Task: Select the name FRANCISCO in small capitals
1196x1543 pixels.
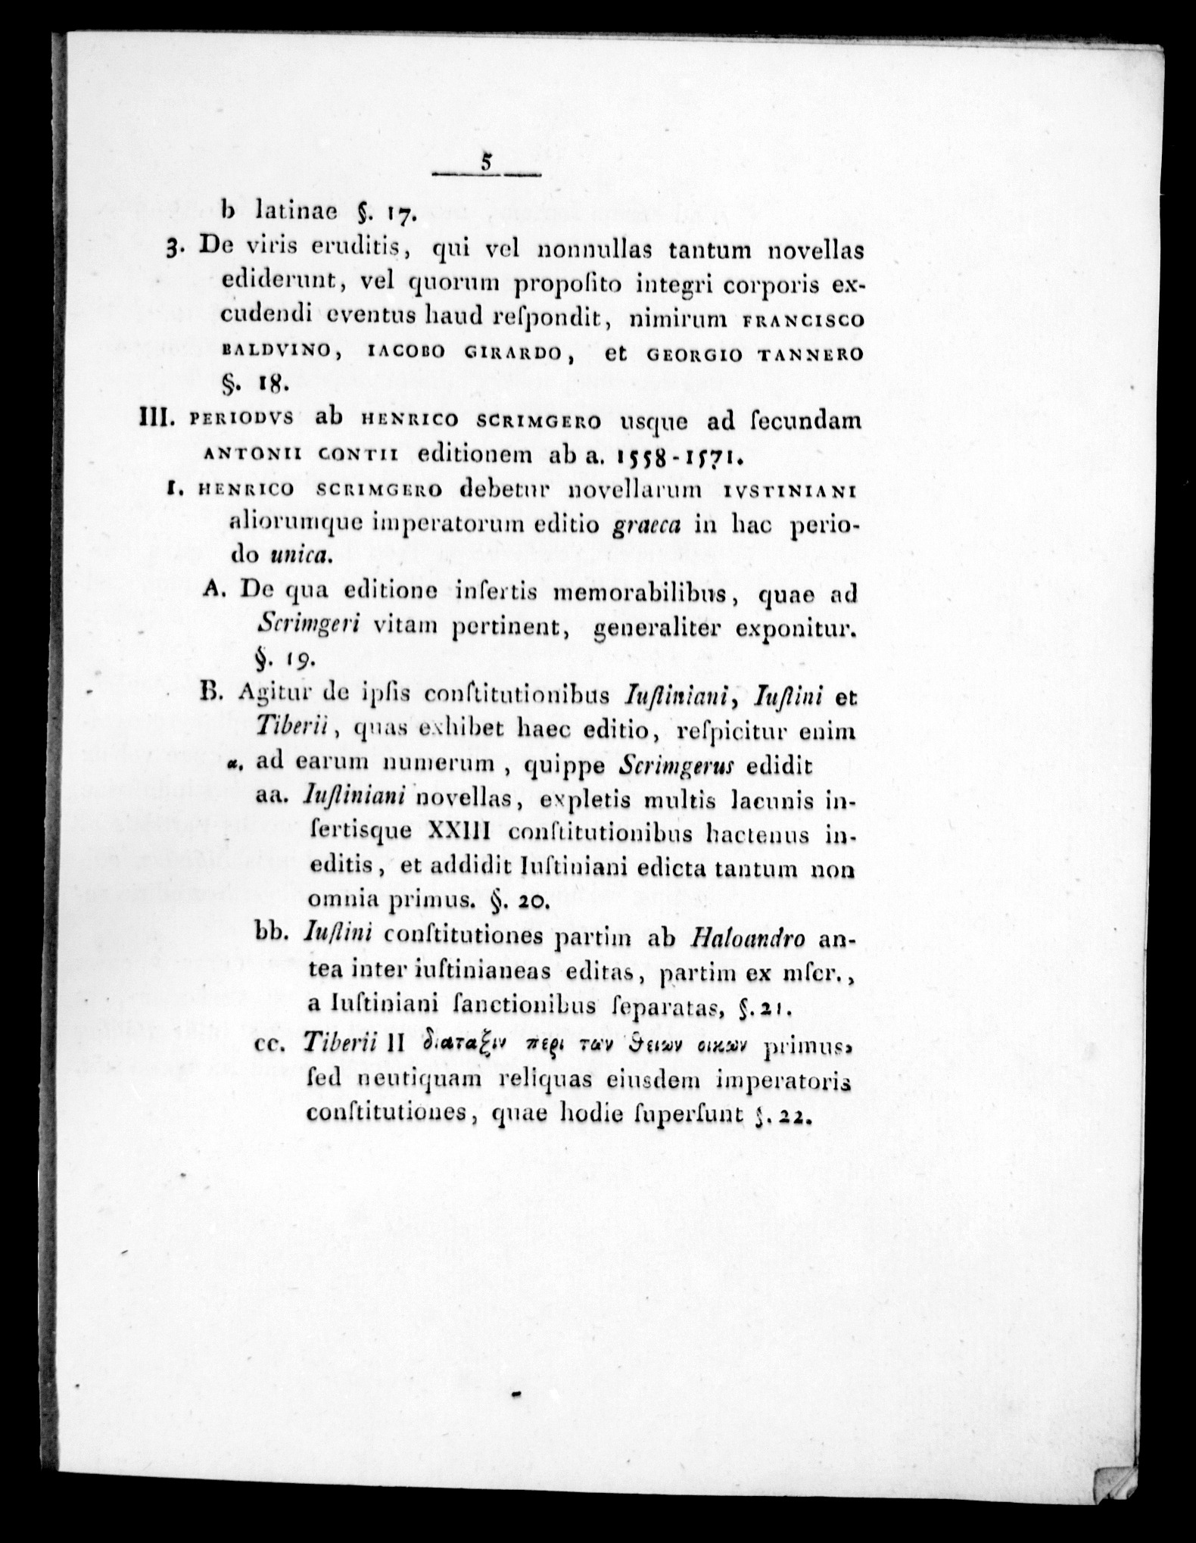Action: pyautogui.click(x=804, y=320)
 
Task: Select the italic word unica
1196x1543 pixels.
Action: pyautogui.click(x=301, y=558)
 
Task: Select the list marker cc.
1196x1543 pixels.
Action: pyautogui.click(x=273, y=1044)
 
